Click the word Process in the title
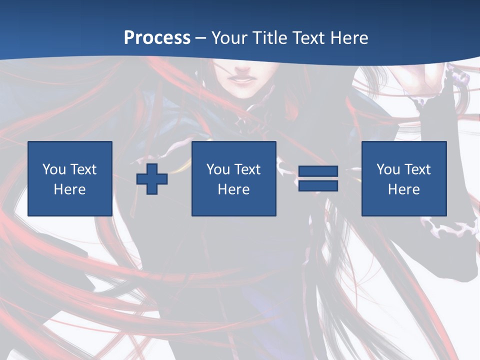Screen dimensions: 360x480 point(157,38)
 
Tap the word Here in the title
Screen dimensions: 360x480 point(349,38)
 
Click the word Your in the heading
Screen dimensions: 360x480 point(229,38)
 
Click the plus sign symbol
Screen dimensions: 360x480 point(152,179)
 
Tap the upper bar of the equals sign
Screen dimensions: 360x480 point(318,172)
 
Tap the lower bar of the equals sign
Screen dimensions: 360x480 point(318,186)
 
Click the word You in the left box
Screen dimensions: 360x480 point(54,169)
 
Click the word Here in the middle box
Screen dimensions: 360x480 point(233,189)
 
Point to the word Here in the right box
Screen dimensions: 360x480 point(403,189)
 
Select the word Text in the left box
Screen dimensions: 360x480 point(83,169)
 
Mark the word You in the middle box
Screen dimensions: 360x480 point(218,169)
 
